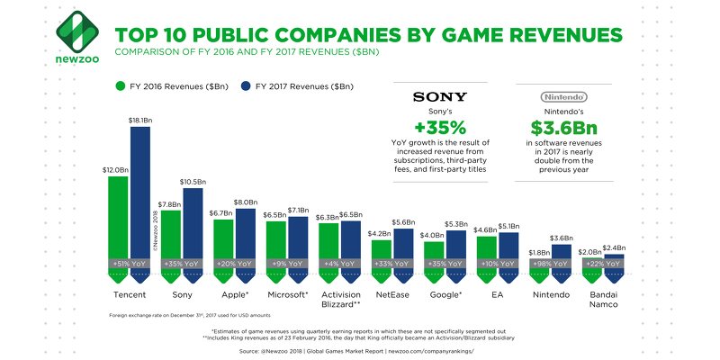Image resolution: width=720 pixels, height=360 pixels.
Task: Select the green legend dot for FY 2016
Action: tap(119, 86)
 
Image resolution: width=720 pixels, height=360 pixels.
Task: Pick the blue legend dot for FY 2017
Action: tap(247, 86)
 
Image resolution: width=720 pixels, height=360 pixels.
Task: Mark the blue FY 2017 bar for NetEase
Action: tap(402, 248)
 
